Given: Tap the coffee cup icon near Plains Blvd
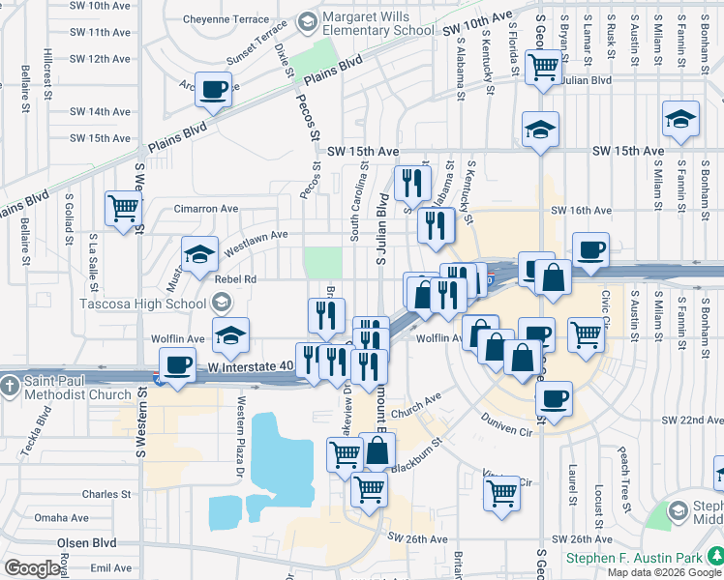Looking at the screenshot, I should coord(214,91).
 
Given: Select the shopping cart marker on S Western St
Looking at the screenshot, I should coord(123,208).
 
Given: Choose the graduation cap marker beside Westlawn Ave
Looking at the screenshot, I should coord(200,255).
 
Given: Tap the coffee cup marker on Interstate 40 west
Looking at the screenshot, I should coord(177,366).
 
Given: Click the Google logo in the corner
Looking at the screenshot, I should coord(33,568).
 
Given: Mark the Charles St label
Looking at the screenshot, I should coord(106,494).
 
